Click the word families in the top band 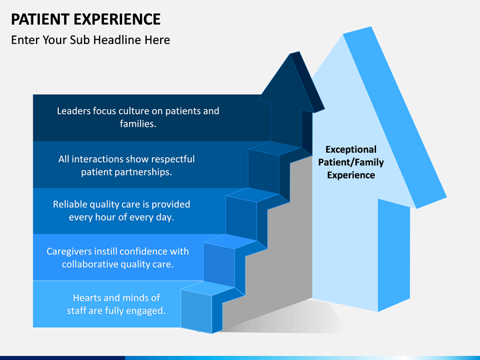(137, 123)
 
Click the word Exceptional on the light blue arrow (351, 149)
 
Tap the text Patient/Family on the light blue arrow (351, 162)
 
